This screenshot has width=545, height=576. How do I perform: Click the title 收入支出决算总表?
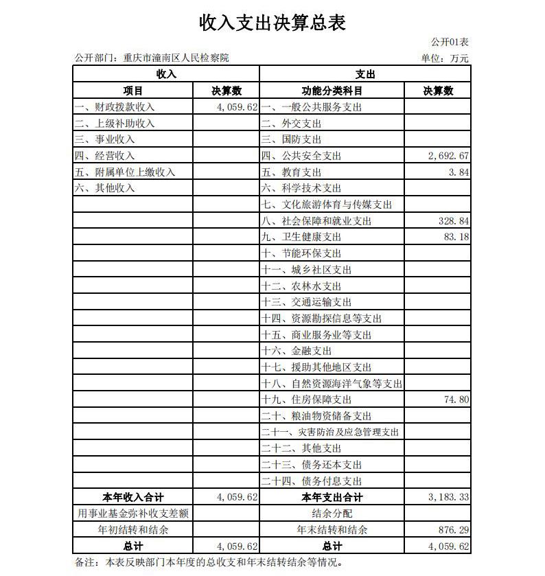click(272, 23)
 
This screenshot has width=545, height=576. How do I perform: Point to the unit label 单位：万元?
click(445, 58)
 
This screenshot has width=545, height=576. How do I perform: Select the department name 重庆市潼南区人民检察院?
click(176, 58)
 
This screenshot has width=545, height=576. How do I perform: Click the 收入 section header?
click(166, 74)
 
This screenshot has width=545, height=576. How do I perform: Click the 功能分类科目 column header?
click(332, 91)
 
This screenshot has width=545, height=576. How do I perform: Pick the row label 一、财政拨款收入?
click(115, 107)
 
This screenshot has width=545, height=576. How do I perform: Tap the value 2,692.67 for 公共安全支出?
click(448, 156)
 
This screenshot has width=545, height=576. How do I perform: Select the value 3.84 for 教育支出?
click(459, 172)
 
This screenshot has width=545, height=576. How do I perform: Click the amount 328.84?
click(453, 221)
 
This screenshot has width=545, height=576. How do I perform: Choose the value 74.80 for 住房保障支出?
click(456, 400)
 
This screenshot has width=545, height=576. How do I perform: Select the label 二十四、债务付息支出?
click(312, 481)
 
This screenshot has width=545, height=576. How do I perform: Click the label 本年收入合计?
click(133, 498)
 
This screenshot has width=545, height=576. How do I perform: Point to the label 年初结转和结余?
click(133, 530)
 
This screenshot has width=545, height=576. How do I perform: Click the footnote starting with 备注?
click(207, 562)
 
